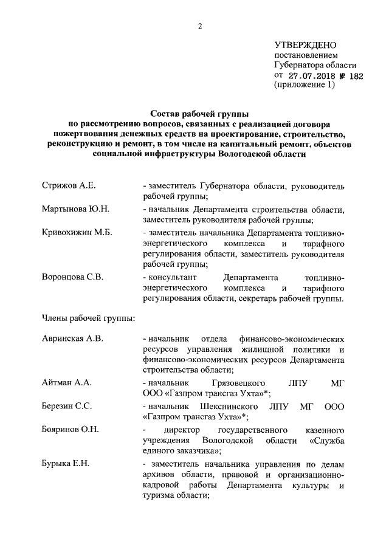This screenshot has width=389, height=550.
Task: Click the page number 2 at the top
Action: tap(199, 25)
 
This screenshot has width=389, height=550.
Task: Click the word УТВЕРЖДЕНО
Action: tap(305, 45)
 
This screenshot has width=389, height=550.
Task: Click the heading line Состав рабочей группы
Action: tap(198, 113)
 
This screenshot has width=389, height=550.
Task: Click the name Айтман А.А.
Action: tap(66, 383)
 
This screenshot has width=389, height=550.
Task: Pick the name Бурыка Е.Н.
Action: tap(66, 464)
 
